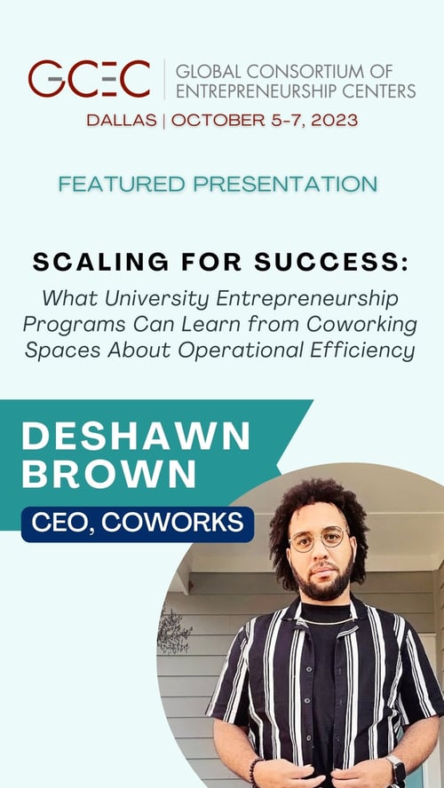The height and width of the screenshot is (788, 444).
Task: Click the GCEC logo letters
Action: tap(89, 80)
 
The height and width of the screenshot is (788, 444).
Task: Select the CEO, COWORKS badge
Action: tap(137, 524)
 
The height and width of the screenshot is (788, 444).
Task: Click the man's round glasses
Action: tap(317, 539)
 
